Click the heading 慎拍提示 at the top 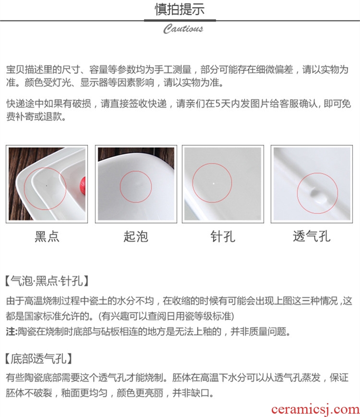(180, 9)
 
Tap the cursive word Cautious (183, 29)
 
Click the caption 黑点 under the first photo (47, 236)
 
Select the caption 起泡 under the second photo (136, 236)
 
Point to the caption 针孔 (223, 236)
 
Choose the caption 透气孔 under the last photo (312, 236)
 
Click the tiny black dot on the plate (47, 186)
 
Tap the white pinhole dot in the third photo (214, 183)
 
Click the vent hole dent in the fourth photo (317, 195)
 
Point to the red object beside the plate (83, 186)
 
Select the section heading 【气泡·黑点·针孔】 (47, 281)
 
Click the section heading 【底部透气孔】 (39, 359)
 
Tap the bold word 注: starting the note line (12, 332)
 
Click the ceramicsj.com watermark (315, 410)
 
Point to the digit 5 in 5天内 (217, 104)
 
